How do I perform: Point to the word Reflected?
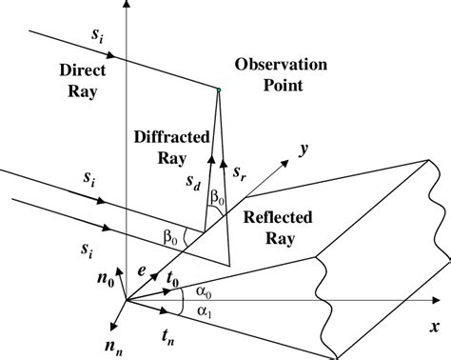[x=277, y=216]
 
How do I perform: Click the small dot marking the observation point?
[x=219, y=90]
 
